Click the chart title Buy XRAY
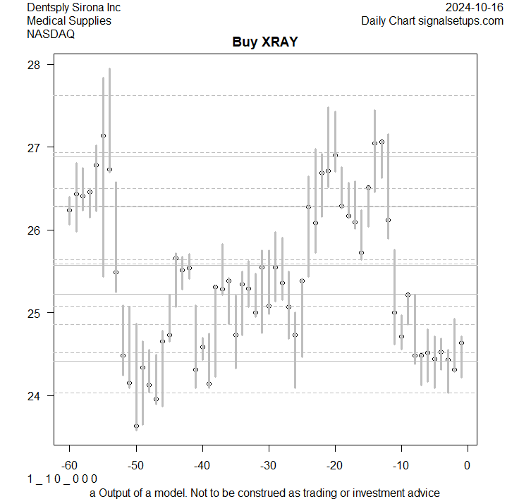(265, 42)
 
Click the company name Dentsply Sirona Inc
(73, 7)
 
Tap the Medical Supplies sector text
(69, 20)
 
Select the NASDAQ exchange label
(51, 34)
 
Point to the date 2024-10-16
(475, 7)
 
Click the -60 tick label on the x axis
(69, 464)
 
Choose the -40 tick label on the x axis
(202, 464)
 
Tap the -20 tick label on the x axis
(334, 464)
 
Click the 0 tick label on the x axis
(467, 464)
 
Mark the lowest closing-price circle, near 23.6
(136, 426)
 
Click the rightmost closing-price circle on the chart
(461, 343)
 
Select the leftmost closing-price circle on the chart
(69, 210)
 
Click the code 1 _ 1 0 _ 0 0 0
(62, 479)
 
